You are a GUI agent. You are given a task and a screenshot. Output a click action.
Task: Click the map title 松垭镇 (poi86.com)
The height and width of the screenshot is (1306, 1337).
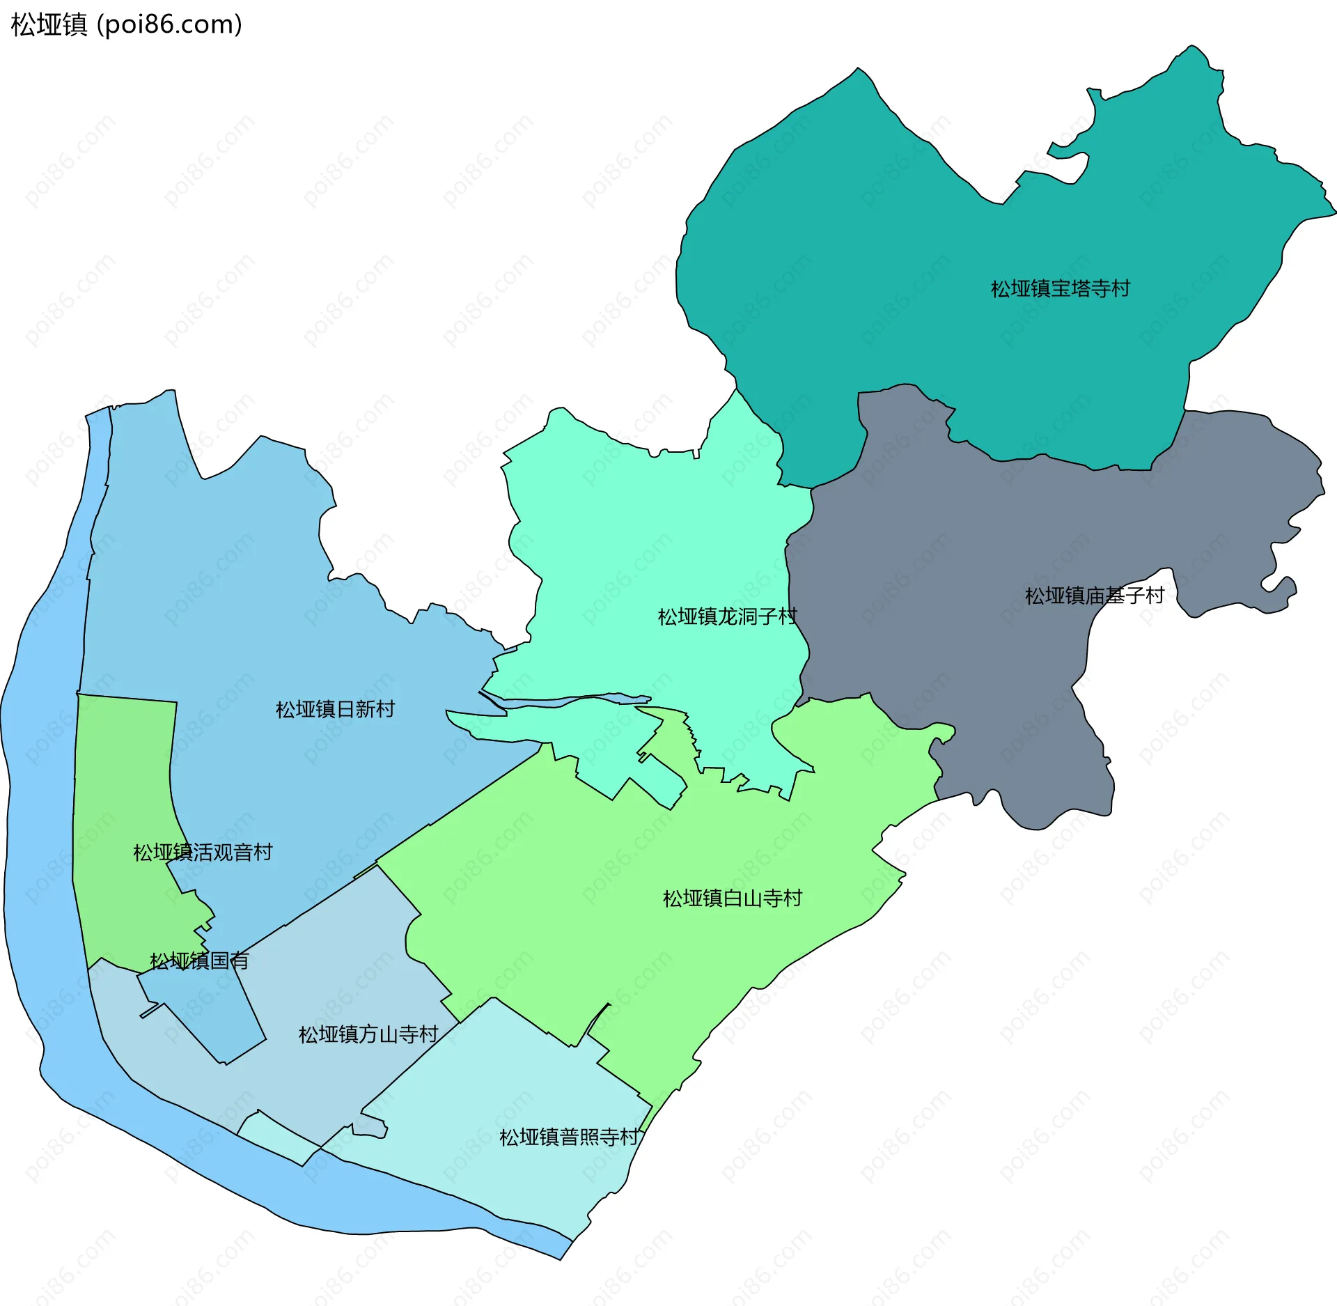[x=126, y=24]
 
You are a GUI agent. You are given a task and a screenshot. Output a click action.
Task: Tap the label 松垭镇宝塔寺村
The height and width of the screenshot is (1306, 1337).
[x=1060, y=288]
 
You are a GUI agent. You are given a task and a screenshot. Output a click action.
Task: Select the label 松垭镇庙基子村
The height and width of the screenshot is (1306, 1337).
[x=1095, y=596]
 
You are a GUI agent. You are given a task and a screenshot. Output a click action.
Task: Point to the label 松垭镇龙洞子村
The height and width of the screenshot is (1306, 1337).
[x=727, y=616]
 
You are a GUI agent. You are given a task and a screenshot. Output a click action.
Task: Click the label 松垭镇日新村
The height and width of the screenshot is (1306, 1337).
[x=335, y=709]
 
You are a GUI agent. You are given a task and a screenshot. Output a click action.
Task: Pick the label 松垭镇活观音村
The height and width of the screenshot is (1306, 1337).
[x=203, y=852]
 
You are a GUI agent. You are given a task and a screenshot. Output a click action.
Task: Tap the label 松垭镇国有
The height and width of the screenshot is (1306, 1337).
[x=199, y=961]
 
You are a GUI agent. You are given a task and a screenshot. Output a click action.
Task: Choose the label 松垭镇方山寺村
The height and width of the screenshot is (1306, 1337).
[x=368, y=1034]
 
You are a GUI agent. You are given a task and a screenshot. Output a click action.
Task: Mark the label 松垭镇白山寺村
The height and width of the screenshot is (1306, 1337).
[x=732, y=898]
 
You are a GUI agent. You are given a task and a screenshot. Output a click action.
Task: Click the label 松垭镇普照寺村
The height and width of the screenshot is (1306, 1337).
[x=569, y=1137]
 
